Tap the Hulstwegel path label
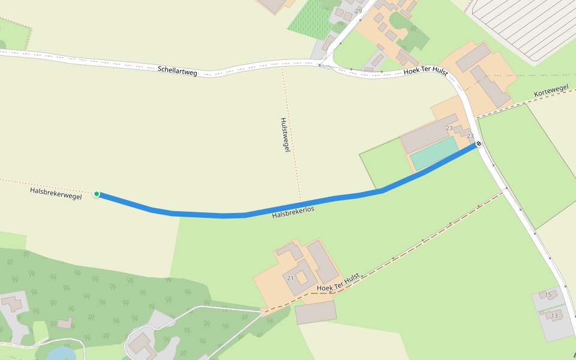click(285, 134)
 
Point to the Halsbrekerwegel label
click(56, 193)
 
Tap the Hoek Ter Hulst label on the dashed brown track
click(337, 283)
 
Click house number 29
click(359, 11)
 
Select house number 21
click(290, 278)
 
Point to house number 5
click(549, 295)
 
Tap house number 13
click(554, 316)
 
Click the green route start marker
click(97, 194)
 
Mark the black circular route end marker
click(479, 143)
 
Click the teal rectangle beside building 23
click(434, 152)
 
